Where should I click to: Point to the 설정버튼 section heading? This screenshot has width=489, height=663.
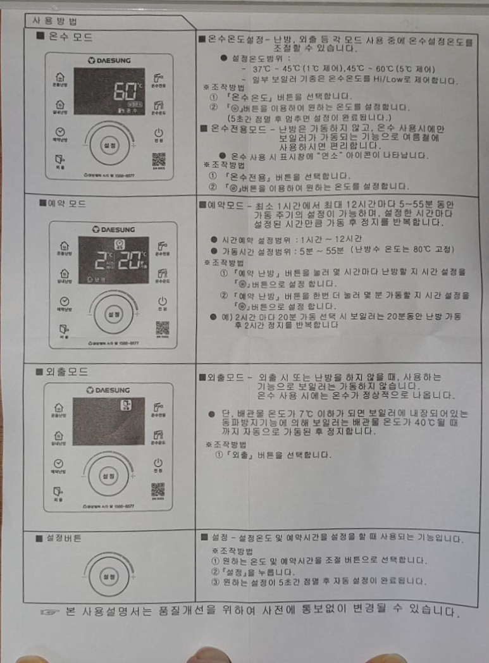[x=60, y=538]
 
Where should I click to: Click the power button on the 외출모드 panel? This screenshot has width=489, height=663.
[x=158, y=463]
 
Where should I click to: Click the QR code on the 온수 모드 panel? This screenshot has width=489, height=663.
[x=158, y=159]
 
